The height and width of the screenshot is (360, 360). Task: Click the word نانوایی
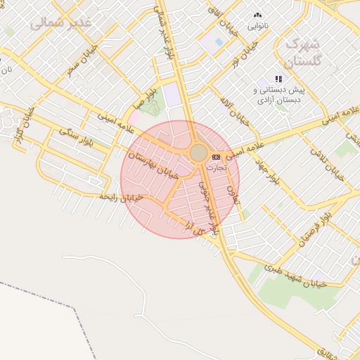[x=257, y=25]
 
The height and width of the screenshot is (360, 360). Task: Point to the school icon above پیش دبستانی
[x=278, y=79]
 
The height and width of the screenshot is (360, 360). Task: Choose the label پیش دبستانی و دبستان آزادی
[x=280, y=96]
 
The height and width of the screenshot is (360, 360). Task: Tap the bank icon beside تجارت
[x=216, y=157]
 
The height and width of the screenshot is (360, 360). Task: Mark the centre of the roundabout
[x=199, y=153]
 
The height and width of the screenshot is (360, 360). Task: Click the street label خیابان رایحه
[x=122, y=198]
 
